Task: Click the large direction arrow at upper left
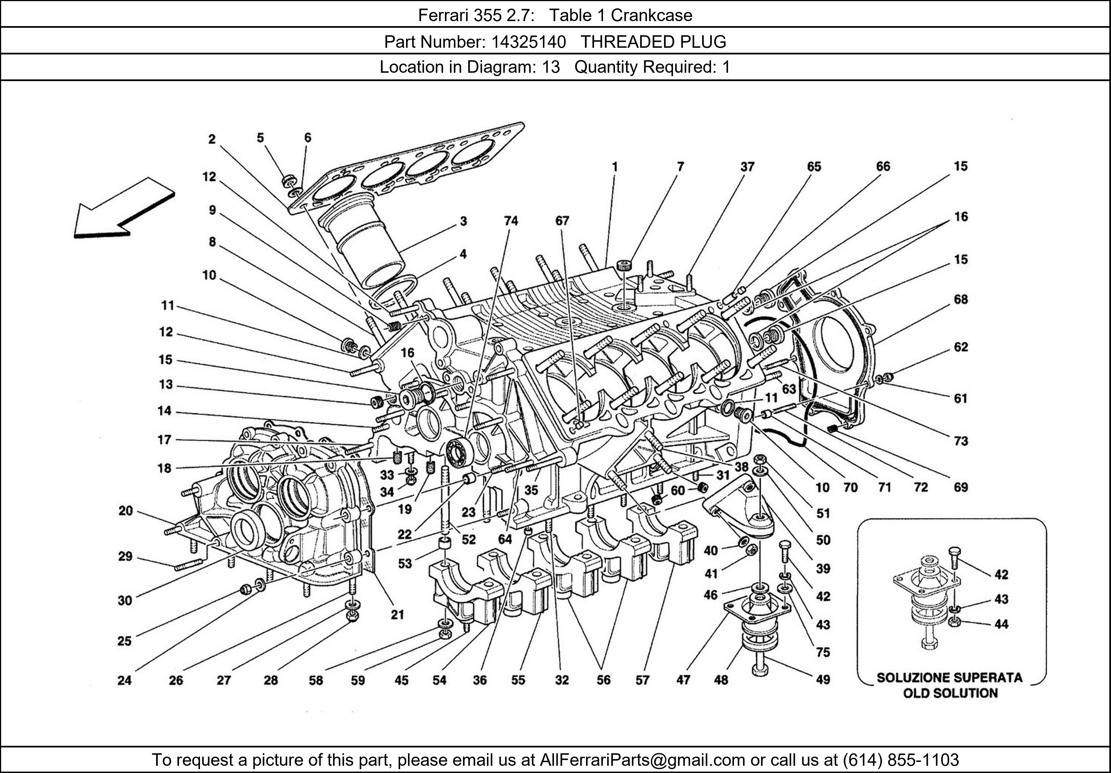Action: [x=123, y=209]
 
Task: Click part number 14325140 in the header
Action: [x=528, y=42]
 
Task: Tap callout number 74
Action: [x=511, y=221]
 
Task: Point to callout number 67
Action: [x=562, y=221]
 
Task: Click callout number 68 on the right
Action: [x=960, y=299]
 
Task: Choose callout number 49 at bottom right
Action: [x=823, y=680]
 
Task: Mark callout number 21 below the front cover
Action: [x=397, y=615]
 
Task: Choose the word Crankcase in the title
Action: [x=651, y=16]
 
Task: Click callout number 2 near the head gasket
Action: [x=212, y=139]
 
